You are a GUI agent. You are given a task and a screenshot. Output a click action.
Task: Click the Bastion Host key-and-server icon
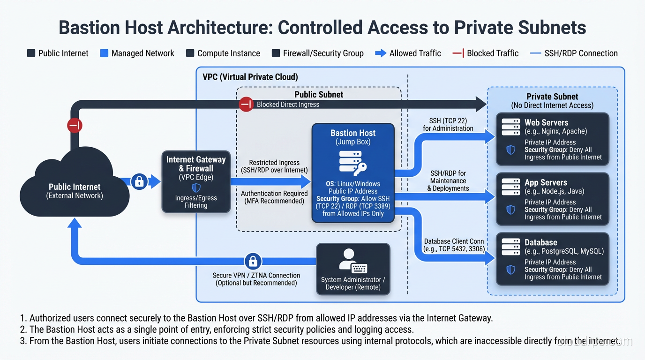[x=352, y=163]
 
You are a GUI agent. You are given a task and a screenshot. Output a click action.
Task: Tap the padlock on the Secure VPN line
[x=253, y=261]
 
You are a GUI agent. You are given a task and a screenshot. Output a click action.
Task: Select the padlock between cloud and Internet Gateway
[x=139, y=181]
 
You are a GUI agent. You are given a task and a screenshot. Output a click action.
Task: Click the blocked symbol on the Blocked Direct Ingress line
[x=247, y=104]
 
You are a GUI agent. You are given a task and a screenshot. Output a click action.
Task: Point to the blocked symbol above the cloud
[x=75, y=125]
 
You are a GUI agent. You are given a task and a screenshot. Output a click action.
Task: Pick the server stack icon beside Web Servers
[x=511, y=127]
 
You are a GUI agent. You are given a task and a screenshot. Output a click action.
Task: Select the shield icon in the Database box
[x=511, y=270]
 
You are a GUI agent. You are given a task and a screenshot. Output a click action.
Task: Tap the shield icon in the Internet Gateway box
[x=196, y=187]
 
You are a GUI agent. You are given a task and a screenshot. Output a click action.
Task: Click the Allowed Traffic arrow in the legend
[x=381, y=53]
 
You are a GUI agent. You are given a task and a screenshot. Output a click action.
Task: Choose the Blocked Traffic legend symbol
[x=458, y=53]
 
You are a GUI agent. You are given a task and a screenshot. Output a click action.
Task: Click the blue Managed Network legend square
[x=104, y=53]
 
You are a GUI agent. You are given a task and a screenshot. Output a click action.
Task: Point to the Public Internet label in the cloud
[x=75, y=187]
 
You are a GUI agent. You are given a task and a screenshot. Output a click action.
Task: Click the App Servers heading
[x=546, y=182]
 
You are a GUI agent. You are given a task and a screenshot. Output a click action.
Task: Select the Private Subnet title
[x=552, y=97]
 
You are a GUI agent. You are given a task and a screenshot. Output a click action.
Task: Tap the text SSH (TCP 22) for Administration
[x=448, y=124]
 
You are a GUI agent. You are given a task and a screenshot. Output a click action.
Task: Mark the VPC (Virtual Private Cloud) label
[x=250, y=77]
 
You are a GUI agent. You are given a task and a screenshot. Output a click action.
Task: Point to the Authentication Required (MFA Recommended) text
[x=274, y=197]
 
